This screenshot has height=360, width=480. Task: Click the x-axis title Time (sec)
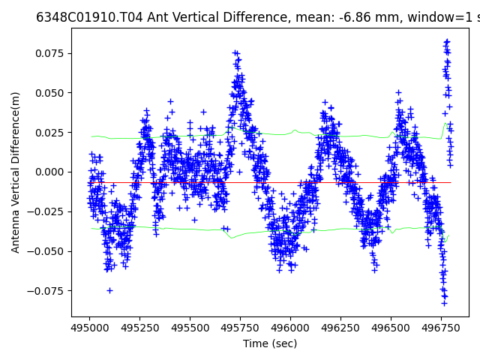[x=270, y=343]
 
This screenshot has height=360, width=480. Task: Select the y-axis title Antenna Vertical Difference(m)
[x=16, y=172]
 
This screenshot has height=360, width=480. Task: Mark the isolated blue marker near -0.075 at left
[x=109, y=290]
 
